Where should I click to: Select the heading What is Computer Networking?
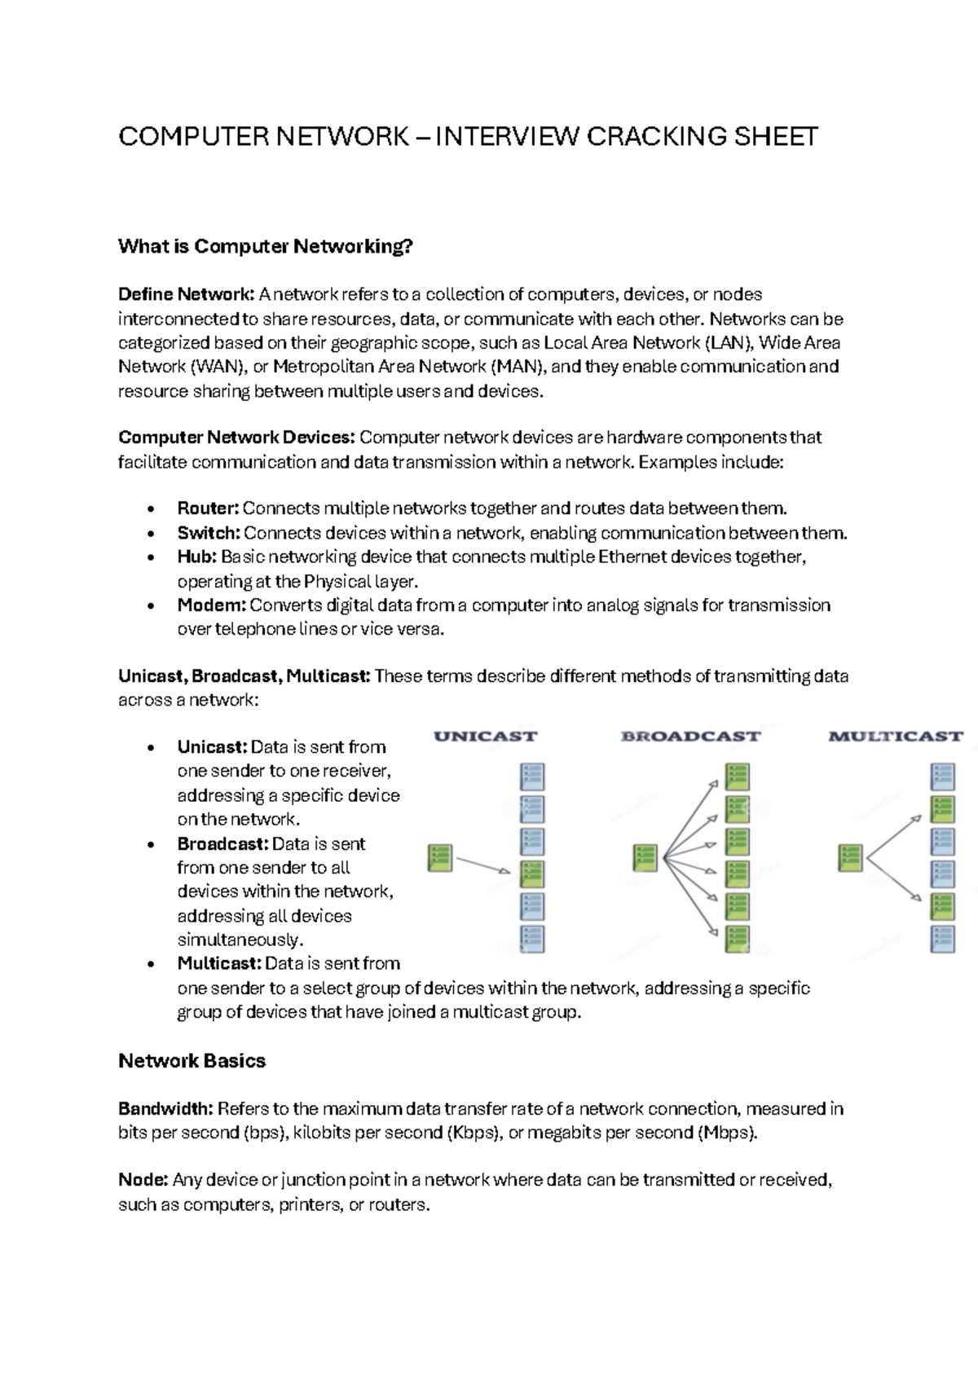tap(266, 246)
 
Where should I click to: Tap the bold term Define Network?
tap(187, 294)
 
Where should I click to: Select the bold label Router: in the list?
tap(208, 509)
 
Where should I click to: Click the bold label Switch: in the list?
tap(209, 534)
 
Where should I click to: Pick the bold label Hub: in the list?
tap(196, 557)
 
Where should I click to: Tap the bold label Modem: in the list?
tap(212, 605)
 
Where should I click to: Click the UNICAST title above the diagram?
tap(486, 737)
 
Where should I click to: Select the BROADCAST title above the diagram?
tap(690, 737)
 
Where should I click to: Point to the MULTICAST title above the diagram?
tap(895, 737)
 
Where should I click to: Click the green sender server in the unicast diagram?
tap(440, 858)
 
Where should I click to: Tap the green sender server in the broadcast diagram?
tap(645, 858)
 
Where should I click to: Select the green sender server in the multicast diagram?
tap(850, 858)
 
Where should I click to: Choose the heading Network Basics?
tap(192, 1061)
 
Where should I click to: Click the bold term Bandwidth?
tap(165, 1109)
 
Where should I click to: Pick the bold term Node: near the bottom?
tap(143, 1181)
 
